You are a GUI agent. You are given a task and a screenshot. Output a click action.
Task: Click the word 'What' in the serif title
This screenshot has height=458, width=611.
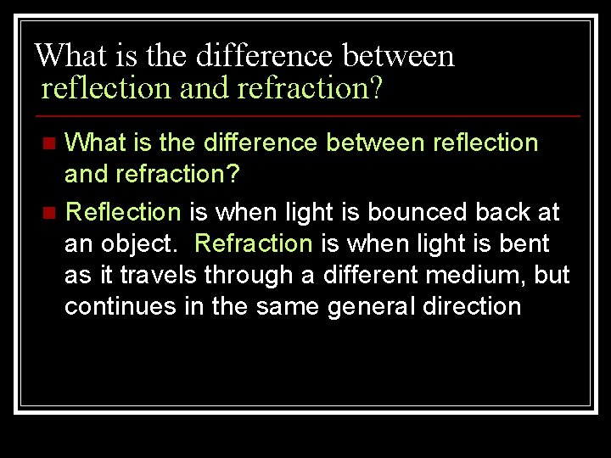point(62,56)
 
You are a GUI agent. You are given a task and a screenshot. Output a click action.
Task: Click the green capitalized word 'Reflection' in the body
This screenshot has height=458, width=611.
point(123,211)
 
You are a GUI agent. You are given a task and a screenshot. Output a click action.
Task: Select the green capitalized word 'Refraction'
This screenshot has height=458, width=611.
point(254,244)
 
